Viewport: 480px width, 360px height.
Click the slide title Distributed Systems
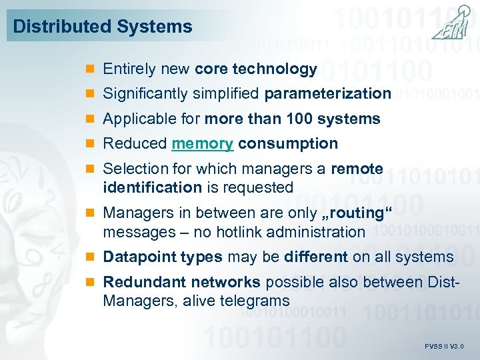[x=103, y=27]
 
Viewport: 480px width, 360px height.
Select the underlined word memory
[x=203, y=143]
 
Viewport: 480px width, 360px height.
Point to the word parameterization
[x=327, y=93]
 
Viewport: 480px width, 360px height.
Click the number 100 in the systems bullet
[x=300, y=119]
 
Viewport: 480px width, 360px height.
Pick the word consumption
[x=288, y=143]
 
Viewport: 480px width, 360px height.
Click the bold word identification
[x=152, y=187]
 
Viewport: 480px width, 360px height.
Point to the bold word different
[x=316, y=257]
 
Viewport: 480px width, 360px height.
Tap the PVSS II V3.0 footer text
[x=444, y=347]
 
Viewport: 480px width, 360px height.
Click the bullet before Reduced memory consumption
[x=92, y=144]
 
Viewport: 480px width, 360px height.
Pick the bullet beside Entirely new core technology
[x=92, y=69]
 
